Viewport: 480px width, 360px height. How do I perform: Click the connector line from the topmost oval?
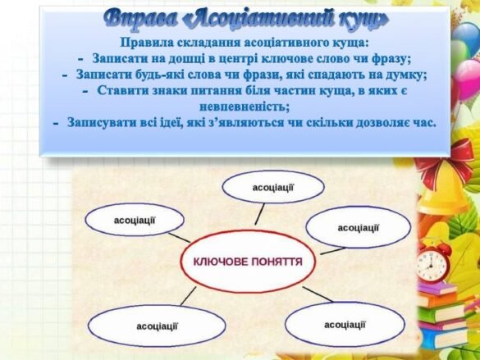coord(260,214)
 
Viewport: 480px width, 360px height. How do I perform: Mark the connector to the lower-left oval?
coord(188,296)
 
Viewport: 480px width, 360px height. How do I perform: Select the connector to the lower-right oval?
coord(318,294)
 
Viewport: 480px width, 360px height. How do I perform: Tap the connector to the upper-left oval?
coord(180,238)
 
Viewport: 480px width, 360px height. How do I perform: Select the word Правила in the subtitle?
coord(146,43)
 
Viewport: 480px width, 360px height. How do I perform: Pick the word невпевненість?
coord(245,107)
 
